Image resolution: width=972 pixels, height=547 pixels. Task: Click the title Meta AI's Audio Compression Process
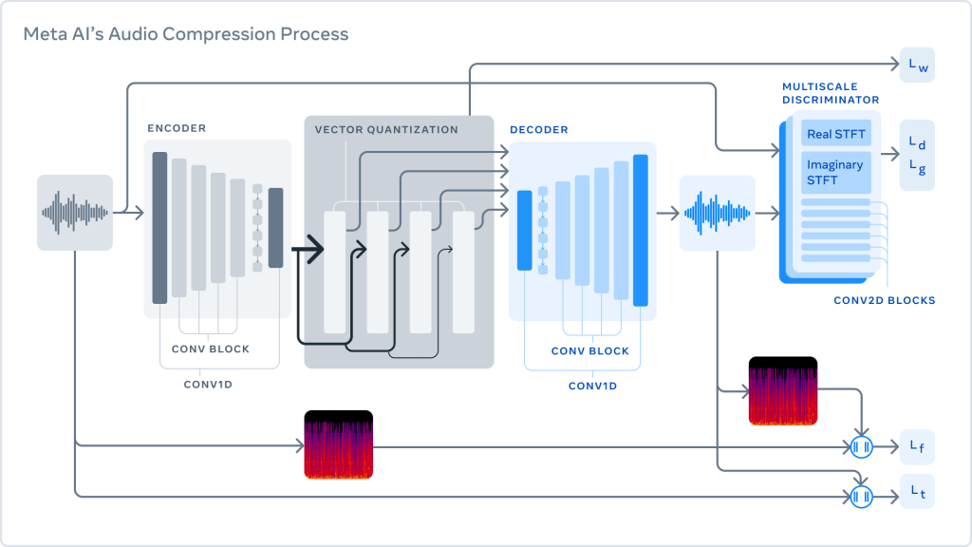[x=185, y=34]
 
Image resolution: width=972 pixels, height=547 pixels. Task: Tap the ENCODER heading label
[x=177, y=128]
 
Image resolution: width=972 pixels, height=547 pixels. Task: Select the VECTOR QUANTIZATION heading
[x=386, y=129]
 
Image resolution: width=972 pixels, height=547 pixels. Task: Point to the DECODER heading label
[x=540, y=129]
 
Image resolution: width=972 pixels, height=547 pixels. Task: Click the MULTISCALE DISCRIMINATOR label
[x=831, y=93]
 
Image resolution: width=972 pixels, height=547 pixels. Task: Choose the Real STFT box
[x=835, y=134]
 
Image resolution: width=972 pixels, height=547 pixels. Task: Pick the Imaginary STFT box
[x=835, y=172]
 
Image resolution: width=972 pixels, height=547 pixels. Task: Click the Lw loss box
[x=917, y=65]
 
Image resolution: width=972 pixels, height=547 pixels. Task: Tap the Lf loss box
[x=917, y=446]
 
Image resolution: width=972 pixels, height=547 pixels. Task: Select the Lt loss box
[x=917, y=492]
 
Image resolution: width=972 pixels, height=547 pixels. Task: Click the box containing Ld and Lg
[x=917, y=155]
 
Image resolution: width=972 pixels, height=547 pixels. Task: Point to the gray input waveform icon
[x=75, y=213]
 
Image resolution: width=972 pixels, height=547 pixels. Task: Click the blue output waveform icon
[x=717, y=213]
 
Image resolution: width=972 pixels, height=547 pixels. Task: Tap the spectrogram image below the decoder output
[x=783, y=391]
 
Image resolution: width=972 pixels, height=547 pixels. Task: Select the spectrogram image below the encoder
[x=339, y=444]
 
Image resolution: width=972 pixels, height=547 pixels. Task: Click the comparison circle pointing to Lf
[x=861, y=446]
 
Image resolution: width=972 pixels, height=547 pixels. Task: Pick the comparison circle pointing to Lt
[x=861, y=496]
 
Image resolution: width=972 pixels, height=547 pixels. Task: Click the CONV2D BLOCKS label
[x=884, y=300]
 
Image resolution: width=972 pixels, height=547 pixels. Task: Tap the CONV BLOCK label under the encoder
[x=211, y=349]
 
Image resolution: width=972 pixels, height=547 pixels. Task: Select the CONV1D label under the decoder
[x=592, y=386]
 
